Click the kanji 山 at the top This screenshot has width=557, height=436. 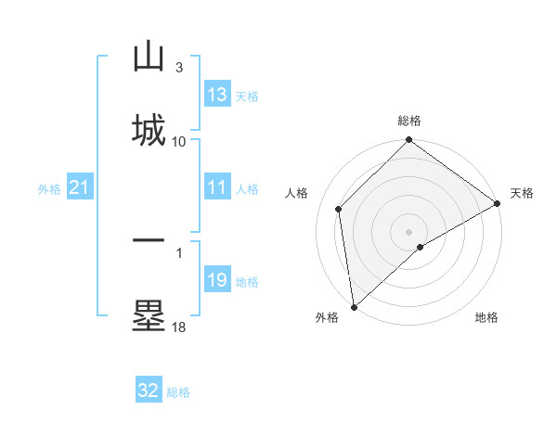point(149,58)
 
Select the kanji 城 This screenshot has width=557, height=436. point(149,129)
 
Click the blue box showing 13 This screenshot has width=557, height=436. point(217,95)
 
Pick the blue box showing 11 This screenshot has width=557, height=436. point(217,187)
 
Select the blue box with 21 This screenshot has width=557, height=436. point(79,188)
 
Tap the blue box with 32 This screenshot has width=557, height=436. point(149,391)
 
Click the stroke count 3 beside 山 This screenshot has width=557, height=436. point(179,68)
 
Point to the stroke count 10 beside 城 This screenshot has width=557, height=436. point(179,141)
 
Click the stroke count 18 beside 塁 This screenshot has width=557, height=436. point(179,327)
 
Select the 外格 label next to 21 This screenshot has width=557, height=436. point(49,189)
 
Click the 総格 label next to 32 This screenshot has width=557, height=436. point(178,392)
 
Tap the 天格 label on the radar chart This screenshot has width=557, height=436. point(522,193)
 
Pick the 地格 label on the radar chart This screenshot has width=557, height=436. point(486,317)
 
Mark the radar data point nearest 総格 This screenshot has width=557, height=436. point(409,142)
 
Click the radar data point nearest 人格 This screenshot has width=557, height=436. point(339,209)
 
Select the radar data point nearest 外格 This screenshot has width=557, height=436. point(354,307)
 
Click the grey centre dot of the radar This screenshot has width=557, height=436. point(409,231)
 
